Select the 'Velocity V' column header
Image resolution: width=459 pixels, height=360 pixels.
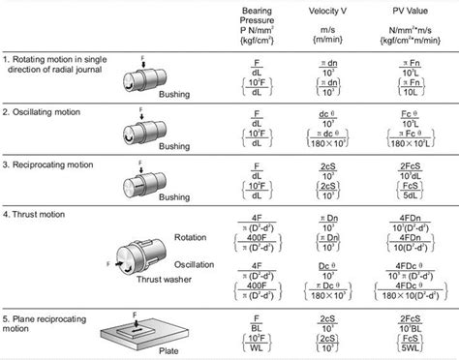326,14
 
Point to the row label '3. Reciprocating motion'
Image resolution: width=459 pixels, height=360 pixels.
54,167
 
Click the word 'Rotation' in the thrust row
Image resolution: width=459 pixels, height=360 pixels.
199,236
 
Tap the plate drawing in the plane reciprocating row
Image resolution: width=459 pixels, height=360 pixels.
145,328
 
